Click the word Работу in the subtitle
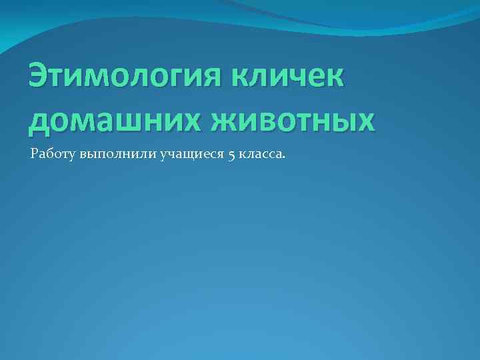53,155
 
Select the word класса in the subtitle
260,155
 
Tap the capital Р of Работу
35,154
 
